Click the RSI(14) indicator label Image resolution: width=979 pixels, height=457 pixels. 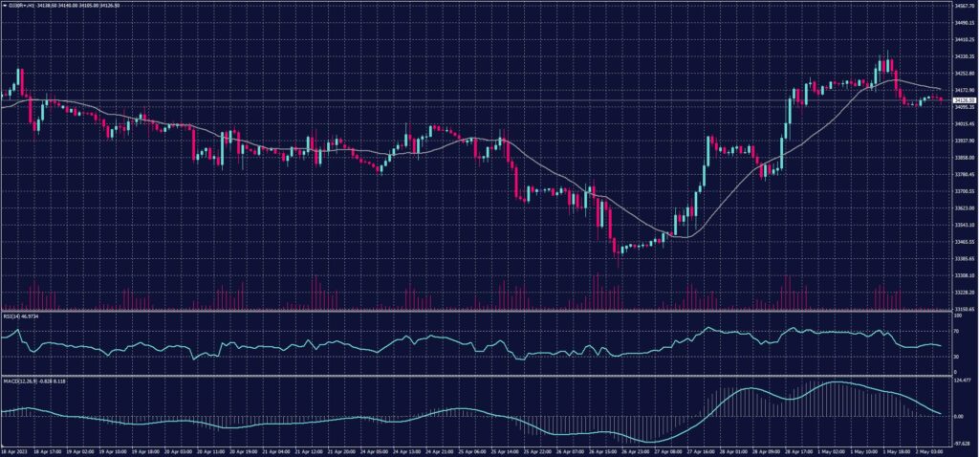19,316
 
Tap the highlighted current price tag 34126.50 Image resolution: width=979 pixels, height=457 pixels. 963,100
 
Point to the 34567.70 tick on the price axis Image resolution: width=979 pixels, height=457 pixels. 964,5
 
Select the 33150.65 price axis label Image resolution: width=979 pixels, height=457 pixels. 964,310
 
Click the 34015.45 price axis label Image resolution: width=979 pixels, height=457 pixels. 964,123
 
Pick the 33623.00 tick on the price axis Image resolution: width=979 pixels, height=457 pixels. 964,208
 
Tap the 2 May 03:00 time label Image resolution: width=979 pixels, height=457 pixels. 928,451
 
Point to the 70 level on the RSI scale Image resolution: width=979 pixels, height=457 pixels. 957,331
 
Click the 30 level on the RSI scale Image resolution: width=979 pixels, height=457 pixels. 957,357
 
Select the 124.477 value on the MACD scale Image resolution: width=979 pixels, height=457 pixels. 963,381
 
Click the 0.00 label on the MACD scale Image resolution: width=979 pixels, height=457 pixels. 960,417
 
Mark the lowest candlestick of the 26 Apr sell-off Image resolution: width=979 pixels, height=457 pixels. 619,250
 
